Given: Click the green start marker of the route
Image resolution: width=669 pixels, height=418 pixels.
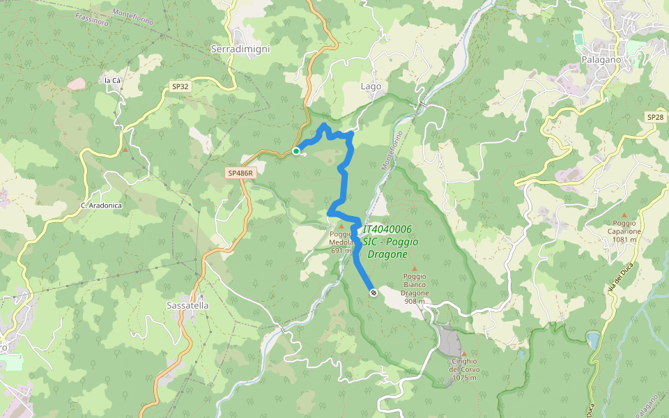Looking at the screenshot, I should point(296,151).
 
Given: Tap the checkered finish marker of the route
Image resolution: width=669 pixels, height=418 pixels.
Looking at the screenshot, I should point(374,293).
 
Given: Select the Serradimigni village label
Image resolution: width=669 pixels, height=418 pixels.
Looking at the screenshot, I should point(240,49).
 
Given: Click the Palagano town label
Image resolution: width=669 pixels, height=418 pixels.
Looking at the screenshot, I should point(601,60).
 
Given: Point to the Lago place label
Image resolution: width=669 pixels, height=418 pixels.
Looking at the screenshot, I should point(371,86).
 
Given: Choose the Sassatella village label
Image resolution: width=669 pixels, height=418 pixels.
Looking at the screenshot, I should point(187,305).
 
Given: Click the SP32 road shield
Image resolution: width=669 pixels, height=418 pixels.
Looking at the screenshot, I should point(180,87).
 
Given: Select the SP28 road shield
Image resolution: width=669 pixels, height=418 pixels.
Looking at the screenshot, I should point(655,117).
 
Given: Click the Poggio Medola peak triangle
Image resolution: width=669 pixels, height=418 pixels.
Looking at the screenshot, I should point(341,226).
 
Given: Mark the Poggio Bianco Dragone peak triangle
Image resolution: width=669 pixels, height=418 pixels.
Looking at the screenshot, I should point(415,268).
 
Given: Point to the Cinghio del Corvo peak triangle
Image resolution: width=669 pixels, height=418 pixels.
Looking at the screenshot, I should point(463,354).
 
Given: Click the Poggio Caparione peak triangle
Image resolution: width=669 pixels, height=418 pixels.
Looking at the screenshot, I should point(624,215).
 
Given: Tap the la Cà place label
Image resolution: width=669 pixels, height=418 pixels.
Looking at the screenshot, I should point(112,81).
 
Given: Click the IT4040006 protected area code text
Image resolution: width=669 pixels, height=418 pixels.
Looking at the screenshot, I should point(387,229).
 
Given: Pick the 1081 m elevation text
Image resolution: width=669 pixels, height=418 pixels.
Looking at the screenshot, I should point(625,240).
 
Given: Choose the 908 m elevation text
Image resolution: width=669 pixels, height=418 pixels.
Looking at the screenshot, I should point(415,302).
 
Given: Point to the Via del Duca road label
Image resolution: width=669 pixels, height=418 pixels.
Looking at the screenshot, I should point(613,283).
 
